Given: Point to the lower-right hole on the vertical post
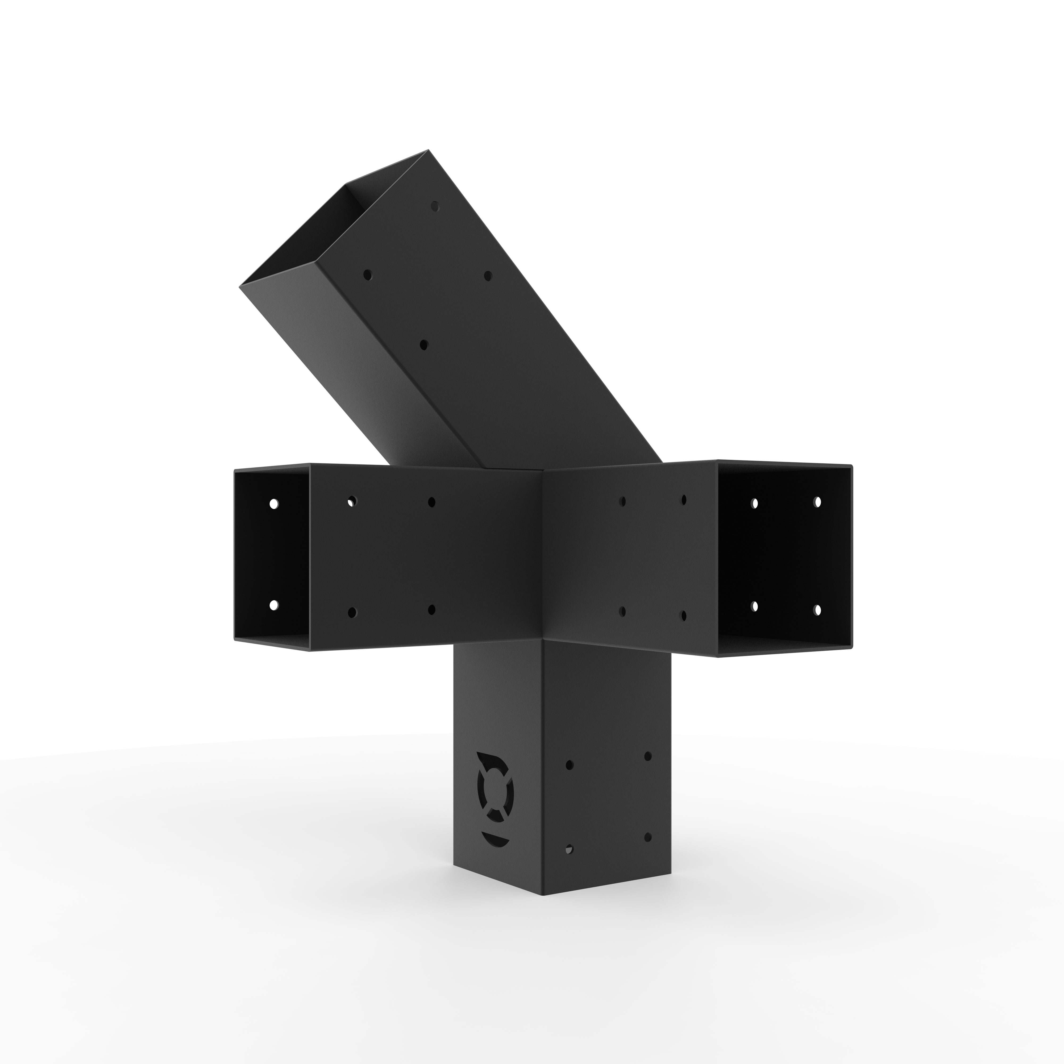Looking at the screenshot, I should point(648,853).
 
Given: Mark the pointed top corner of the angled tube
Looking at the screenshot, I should point(429,150).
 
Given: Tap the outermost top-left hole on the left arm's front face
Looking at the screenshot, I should point(351,501).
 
